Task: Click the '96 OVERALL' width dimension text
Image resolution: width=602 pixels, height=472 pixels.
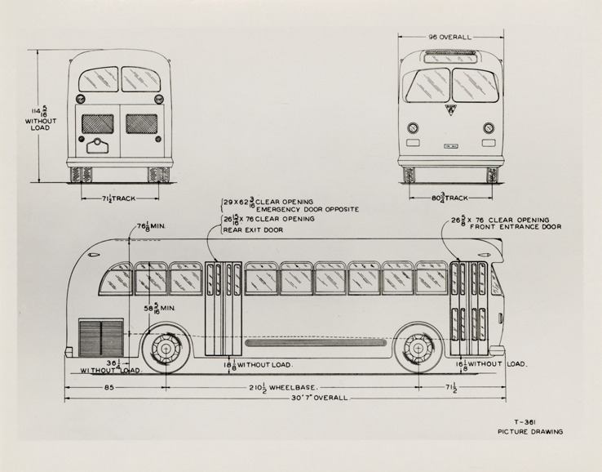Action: tap(449, 37)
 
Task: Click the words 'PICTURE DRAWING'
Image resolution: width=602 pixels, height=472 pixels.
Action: tap(530, 431)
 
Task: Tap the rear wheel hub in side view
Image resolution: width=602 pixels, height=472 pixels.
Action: tap(167, 350)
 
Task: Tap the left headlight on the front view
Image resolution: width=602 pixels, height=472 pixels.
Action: tap(413, 128)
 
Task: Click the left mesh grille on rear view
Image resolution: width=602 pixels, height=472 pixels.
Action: tap(98, 124)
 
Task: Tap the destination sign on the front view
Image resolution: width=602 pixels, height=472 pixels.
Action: tap(449, 56)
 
